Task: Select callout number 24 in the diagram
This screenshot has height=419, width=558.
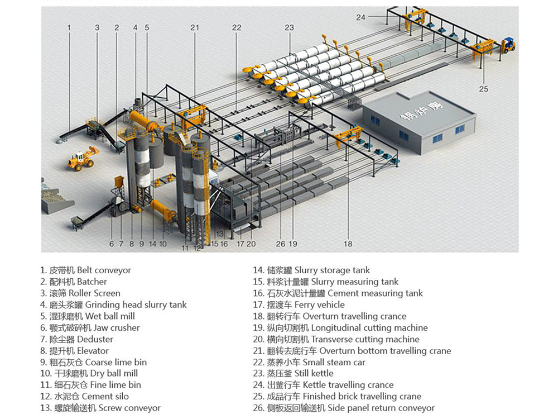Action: click(360, 17)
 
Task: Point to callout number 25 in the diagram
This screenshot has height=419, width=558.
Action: click(483, 89)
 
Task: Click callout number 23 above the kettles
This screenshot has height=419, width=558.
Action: click(289, 27)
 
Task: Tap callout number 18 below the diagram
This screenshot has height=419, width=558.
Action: click(348, 244)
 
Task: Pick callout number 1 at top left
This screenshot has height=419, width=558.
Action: click(69, 27)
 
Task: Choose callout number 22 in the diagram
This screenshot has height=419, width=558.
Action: click(237, 27)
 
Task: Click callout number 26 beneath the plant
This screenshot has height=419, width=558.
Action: click(281, 244)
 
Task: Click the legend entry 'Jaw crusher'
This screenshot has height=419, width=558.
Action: click(90, 328)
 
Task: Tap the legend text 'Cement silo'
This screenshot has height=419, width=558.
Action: click(84, 397)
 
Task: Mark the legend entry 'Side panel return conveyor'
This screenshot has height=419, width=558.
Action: click(344, 408)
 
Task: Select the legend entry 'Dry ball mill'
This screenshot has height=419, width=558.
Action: click(89, 374)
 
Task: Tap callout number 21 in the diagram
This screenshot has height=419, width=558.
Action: click(194, 27)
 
